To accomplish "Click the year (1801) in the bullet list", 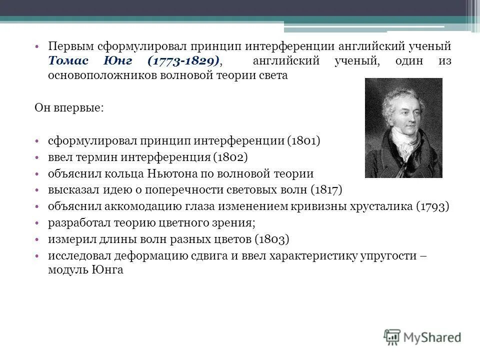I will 303,141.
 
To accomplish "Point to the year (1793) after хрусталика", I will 432,206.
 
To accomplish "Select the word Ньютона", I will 171,173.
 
